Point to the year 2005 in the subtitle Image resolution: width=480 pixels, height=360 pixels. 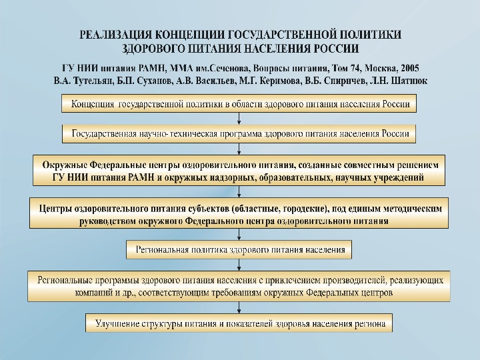pos(406,68)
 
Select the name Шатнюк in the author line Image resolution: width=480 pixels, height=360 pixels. pos(408,80)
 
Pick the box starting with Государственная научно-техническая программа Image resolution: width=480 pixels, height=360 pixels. pos(239,133)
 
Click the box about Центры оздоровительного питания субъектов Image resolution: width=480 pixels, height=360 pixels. pos(239,214)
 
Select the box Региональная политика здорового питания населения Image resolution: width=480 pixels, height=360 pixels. pos(239,251)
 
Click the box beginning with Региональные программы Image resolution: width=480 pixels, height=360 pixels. pos(239,286)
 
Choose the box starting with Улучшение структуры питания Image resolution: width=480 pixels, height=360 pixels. pos(239,323)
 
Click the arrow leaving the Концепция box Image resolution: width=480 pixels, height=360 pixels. pos(239,118)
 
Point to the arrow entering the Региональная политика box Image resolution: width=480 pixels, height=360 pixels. pos(239,234)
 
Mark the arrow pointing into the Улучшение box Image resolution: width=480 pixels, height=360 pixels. pos(239,308)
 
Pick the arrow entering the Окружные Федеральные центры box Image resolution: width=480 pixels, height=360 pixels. pos(239,149)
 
